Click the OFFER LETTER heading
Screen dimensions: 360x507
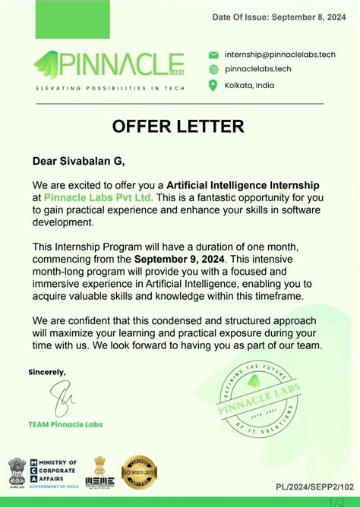[x=178, y=126]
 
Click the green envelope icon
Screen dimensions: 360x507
[x=213, y=55]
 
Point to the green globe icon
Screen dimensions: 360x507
[x=213, y=69]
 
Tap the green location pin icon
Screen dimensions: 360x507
[x=213, y=85]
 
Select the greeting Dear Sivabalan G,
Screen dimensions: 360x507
[x=78, y=161]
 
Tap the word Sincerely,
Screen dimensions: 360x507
[x=47, y=372]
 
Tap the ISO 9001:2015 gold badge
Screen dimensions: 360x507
[x=139, y=472]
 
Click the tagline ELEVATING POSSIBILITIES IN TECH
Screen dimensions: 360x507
[x=106, y=89]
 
